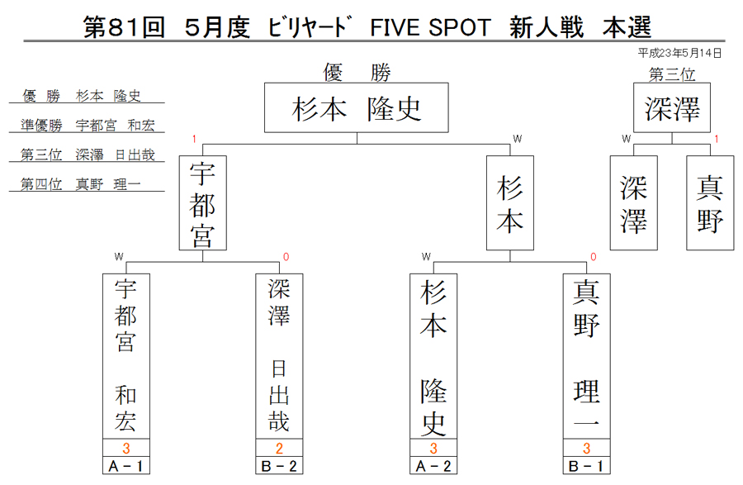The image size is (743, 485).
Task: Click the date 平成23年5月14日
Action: pos(679,53)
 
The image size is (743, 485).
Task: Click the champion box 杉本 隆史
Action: pos(357,107)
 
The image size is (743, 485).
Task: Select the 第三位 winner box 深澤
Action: pos(672,107)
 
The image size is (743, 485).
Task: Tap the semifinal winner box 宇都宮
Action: pos(203,203)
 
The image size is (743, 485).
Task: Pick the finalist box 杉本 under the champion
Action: pos(510,203)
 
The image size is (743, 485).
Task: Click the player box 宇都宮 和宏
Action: pos(126,356)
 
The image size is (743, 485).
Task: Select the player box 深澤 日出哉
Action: pos(279,356)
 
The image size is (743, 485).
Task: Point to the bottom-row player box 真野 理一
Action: pos(587,356)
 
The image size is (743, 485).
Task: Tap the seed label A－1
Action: pos(126,466)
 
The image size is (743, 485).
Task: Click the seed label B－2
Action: pos(279,466)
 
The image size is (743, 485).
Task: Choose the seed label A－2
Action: pos(433,466)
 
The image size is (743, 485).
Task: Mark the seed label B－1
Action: pos(587,466)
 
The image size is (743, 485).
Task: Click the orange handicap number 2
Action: pos(279,448)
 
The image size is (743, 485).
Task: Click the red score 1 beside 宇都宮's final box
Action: pos(194,139)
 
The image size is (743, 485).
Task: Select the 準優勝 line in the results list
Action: pos(88,125)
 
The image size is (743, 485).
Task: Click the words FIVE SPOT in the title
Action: pos(430,27)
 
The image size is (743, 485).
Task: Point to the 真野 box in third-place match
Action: pos(710,203)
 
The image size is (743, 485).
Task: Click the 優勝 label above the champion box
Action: pos(357,73)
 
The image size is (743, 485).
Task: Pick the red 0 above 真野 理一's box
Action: pos(594,257)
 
